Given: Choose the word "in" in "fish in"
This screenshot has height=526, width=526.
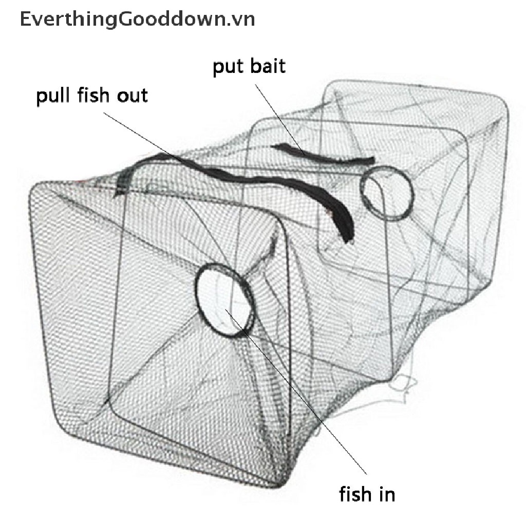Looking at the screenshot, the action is click(x=388, y=494).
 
